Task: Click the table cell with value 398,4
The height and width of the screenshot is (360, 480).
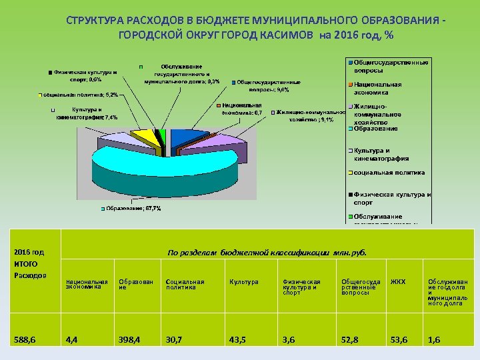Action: coord(129,340)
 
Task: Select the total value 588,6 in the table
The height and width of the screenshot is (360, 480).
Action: coord(25,340)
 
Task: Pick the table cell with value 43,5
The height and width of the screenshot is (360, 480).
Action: coord(238,340)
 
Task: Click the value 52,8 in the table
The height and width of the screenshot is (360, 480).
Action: coord(351,340)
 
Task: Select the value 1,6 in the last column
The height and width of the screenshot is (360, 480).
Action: coord(434,340)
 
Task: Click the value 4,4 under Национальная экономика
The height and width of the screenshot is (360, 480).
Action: coord(71,340)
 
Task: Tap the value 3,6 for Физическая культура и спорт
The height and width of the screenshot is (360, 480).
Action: coord(289,340)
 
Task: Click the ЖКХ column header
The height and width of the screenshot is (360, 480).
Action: coord(398,282)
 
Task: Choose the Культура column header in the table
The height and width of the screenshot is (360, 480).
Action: coord(240,282)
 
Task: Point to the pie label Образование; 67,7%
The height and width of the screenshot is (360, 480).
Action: coord(133,209)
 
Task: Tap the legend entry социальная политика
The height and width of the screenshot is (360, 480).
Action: coord(389,172)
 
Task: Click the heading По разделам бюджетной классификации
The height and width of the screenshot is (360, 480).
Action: coord(267,253)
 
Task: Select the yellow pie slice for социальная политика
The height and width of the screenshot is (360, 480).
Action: coord(143,137)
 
